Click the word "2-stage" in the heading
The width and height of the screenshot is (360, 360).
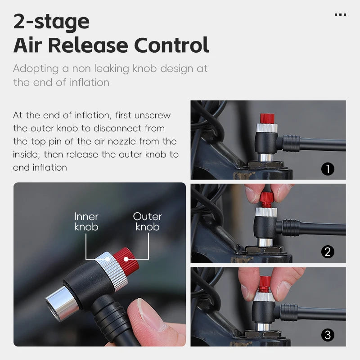(51, 21)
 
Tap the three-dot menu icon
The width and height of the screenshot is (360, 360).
(340, 15)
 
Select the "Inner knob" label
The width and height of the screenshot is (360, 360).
(86, 221)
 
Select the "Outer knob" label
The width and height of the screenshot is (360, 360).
(147, 221)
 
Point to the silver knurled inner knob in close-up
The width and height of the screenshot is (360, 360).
(112, 270)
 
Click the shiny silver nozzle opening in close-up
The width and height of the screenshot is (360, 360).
(60, 302)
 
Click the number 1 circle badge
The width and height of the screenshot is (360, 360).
(328, 169)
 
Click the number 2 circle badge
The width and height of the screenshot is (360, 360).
(328, 252)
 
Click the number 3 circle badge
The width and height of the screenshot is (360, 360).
(328, 335)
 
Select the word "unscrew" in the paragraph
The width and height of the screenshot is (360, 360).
(152, 115)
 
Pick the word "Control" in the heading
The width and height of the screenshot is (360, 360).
(173, 45)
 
